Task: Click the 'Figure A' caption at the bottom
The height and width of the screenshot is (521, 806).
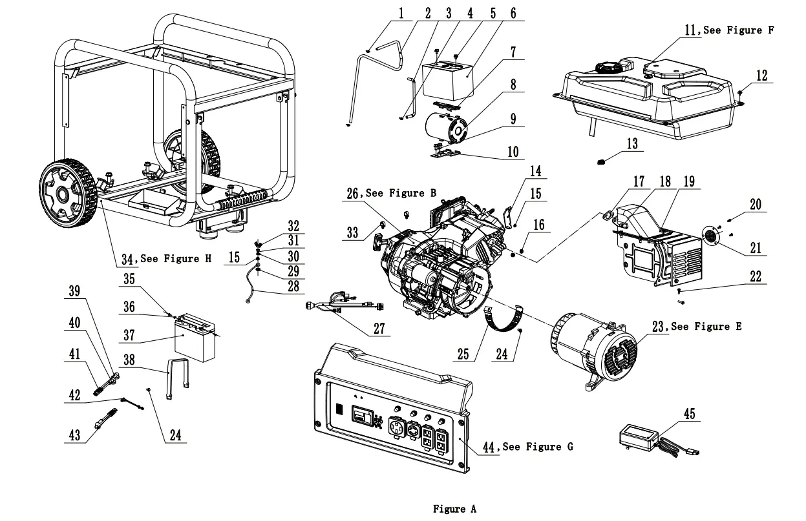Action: coord(454,509)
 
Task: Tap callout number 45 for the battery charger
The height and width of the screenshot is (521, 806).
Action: coord(690,414)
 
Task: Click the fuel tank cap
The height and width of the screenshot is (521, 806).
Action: coord(607,67)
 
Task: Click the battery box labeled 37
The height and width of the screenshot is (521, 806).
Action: coord(195,338)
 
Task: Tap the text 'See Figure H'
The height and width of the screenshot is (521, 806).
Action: coord(175,259)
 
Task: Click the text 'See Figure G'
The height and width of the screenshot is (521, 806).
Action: coord(537,447)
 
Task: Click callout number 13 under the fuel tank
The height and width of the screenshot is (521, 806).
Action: coord(631,143)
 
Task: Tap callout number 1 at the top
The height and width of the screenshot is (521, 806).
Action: coord(401,14)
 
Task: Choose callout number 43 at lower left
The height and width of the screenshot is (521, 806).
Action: coord(75,435)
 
